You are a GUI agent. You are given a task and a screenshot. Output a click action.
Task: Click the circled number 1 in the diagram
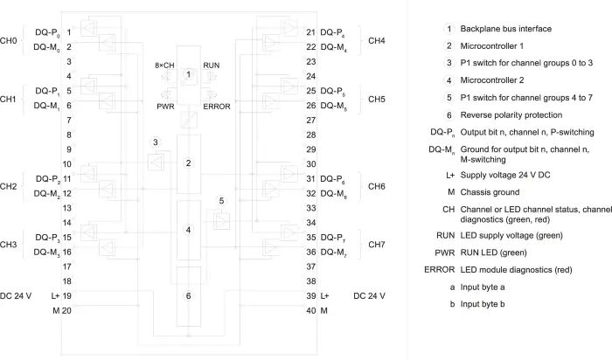tap(189, 74)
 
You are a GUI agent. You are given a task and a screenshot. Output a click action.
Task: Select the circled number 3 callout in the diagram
tap(156, 142)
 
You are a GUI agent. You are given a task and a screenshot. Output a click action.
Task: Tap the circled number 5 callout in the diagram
tap(221, 200)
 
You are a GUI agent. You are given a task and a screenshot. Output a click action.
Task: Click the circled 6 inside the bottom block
tap(189, 295)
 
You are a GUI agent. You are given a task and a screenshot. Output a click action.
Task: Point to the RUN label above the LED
tap(212, 66)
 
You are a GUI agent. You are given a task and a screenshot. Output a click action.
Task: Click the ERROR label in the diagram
tap(217, 107)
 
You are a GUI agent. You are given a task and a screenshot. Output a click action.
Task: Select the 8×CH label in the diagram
tap(164, 66)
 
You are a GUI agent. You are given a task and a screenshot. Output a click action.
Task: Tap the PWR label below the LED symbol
tap(165, 107)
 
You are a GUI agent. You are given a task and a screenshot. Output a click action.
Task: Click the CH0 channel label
tap(8, 40)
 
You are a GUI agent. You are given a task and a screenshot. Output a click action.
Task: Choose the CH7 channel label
tap(377, 245)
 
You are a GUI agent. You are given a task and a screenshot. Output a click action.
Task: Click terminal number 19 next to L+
tap(66, 295)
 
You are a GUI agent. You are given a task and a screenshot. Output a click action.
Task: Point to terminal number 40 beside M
tap(311, 310)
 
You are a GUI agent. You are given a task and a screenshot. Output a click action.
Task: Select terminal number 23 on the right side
tap(311, 62)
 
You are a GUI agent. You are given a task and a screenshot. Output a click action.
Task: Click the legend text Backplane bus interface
tap(506, 29)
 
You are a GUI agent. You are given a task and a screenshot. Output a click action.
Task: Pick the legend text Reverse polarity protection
tap(511, 115)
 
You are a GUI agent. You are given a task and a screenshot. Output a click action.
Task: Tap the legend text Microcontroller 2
tap(492, 80)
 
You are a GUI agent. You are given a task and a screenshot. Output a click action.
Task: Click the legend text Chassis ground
tap(490, 192)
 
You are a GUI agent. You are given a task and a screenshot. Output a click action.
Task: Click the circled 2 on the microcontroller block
tap(189, 163)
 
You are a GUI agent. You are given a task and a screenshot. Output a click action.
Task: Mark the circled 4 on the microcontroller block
tap(189, 230)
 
